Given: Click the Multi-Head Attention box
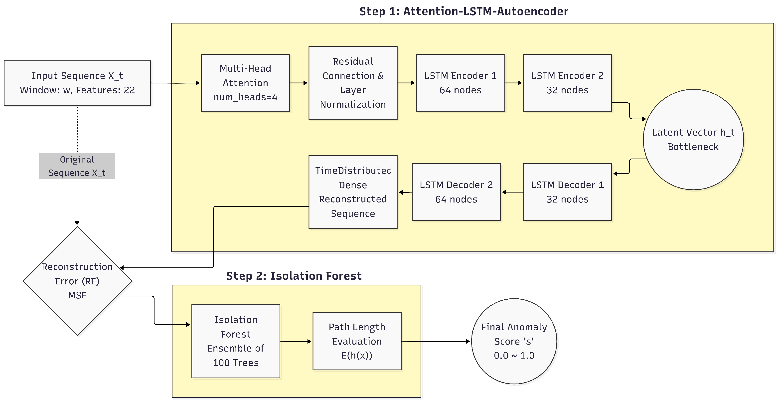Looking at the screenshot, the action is tap(245, 83).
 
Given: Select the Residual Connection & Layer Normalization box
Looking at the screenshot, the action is tap(353, 83).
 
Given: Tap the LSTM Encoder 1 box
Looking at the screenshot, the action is tap(460, 83).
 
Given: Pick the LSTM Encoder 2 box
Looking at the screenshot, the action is tap(567, 83).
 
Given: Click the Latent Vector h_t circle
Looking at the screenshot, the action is tap(693, 139).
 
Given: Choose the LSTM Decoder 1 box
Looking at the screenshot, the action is tap(567, 192).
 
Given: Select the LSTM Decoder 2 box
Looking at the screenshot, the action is tap(456, 192).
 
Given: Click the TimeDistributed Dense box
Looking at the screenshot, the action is tap(353, 192).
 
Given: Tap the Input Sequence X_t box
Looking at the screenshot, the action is tap(77, 83).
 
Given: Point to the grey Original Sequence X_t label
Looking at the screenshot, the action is tap(77, 166).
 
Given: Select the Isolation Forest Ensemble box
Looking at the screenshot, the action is tap(236, 341).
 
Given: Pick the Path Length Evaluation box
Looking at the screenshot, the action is tap(357, 341).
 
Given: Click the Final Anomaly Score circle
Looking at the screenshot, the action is tap(514, 341).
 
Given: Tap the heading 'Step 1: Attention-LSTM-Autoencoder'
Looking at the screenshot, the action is tap(464, 11).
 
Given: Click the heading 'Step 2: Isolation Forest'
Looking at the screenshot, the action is tap(294, 276).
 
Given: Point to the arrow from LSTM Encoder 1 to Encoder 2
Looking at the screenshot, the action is tap(513, 83).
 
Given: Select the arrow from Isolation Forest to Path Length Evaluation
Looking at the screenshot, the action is tap(296, 341).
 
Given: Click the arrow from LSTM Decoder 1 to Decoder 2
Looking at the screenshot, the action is tap(512, 192).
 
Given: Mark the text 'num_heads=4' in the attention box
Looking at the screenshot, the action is tap(245, 97).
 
